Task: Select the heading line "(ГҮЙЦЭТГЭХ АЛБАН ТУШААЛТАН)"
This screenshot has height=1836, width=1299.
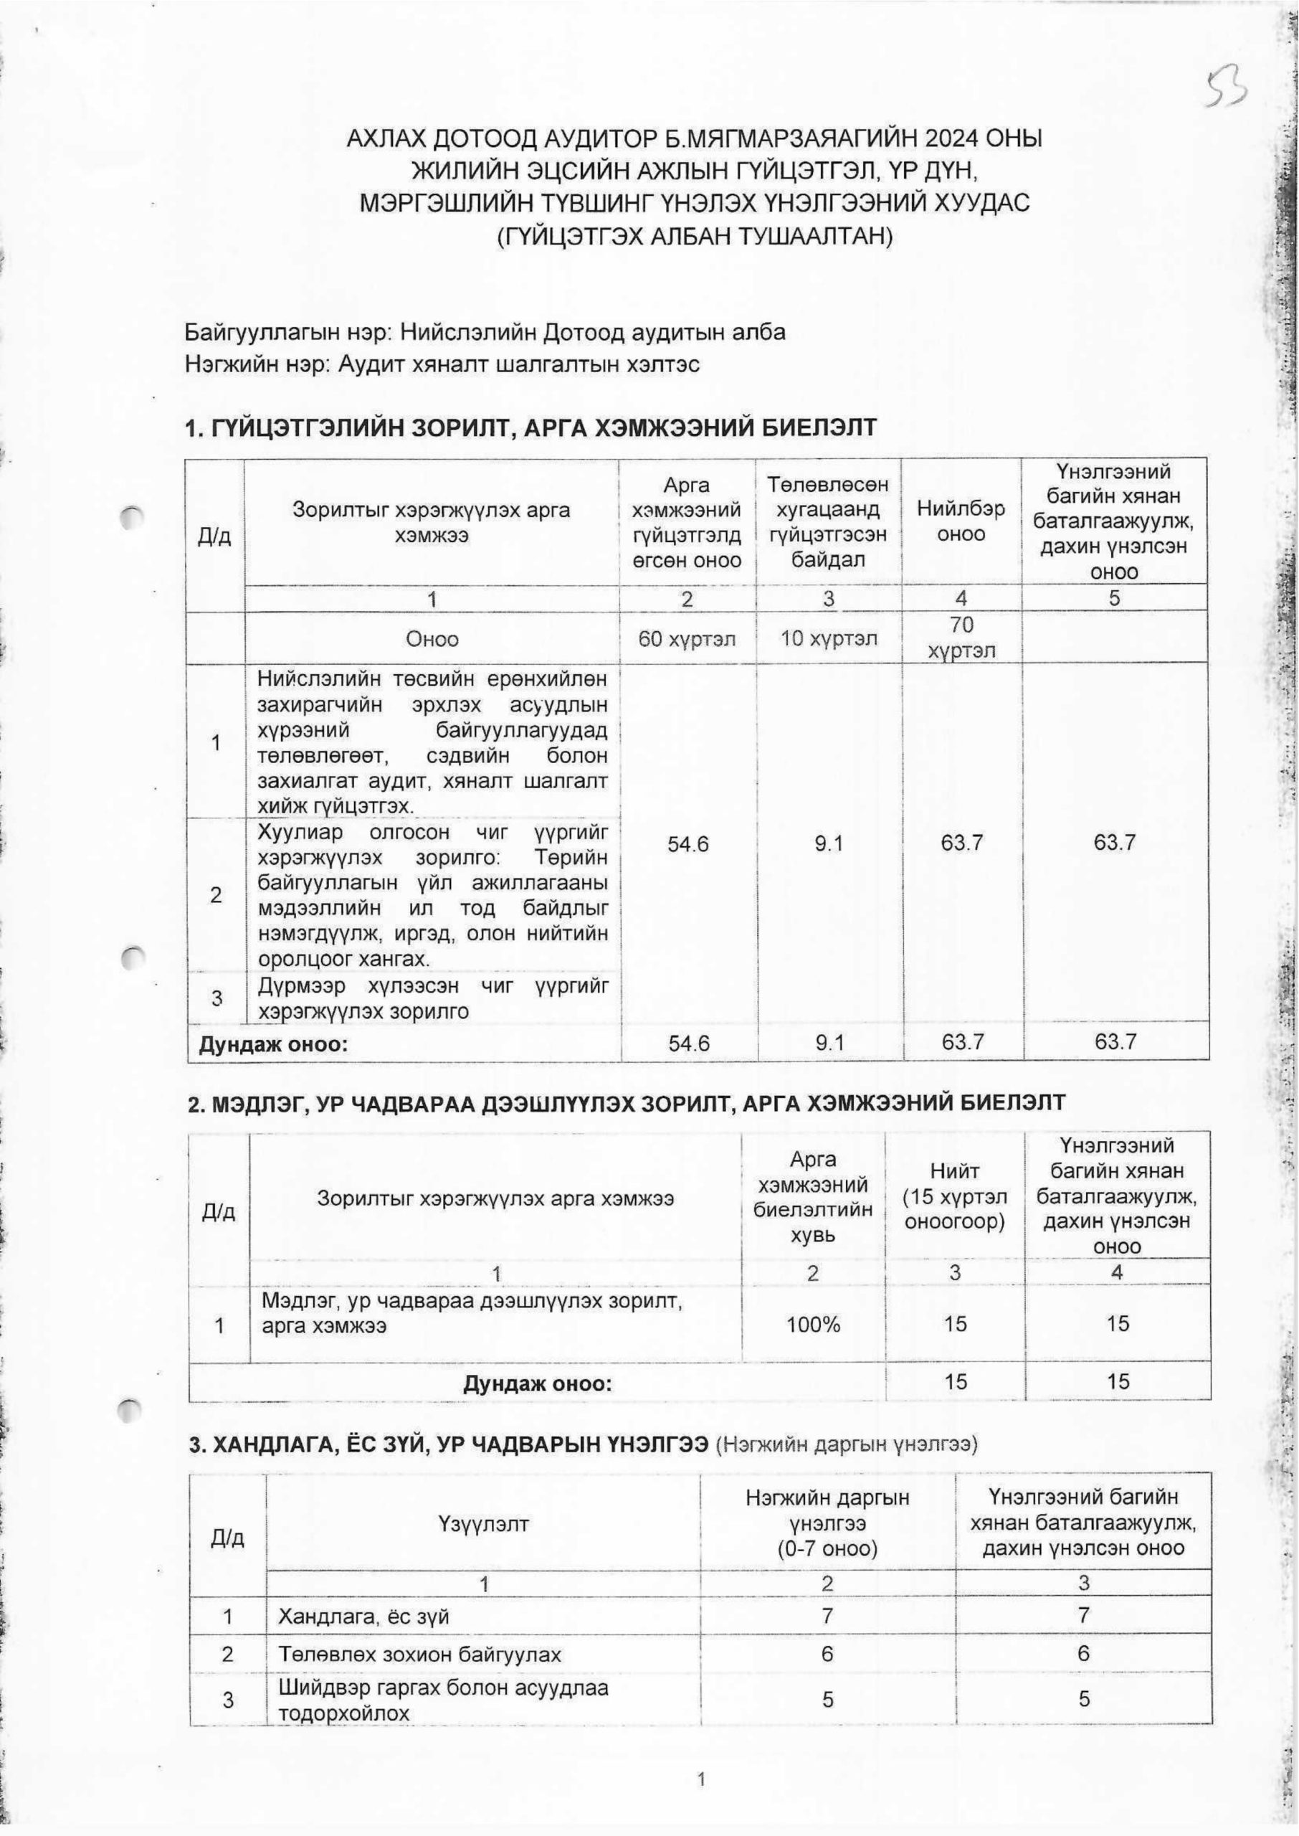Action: (693, 236)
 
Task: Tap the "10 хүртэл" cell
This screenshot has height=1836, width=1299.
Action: (828, 638)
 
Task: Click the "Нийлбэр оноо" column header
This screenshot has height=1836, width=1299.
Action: (961, 521)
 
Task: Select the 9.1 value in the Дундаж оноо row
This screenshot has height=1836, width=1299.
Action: (828, 1041)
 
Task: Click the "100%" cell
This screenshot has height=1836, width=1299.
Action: (813, 1324)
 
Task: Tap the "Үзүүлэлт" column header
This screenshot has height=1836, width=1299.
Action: (483, 1524)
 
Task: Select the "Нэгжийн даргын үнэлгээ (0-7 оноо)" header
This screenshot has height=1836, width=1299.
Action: (827, 1524)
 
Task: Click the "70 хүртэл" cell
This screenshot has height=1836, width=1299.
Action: (961, 638)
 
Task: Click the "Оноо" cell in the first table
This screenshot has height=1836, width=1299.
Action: (432, 638)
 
